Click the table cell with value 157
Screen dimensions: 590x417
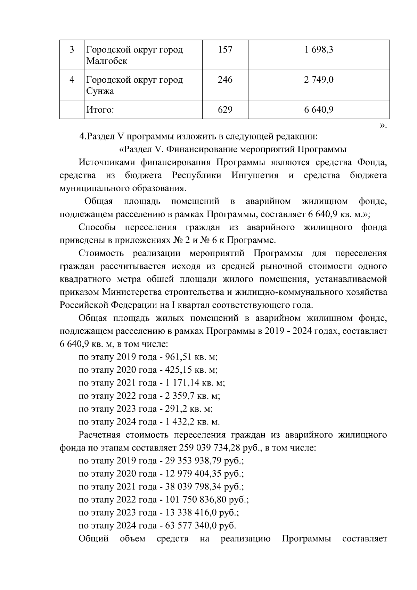click(225, 50)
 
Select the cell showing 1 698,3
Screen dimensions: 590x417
click(319, 50)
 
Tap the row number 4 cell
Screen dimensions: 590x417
click(72, 80)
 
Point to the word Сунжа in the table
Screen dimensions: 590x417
click(100, 91)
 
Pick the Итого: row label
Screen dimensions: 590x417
click(100, 110)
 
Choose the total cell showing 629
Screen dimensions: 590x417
click(225, 110)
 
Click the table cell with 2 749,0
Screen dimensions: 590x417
click(319, 80)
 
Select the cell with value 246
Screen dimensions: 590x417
click(225, 80)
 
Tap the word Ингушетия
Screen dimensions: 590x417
click(255, 176)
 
